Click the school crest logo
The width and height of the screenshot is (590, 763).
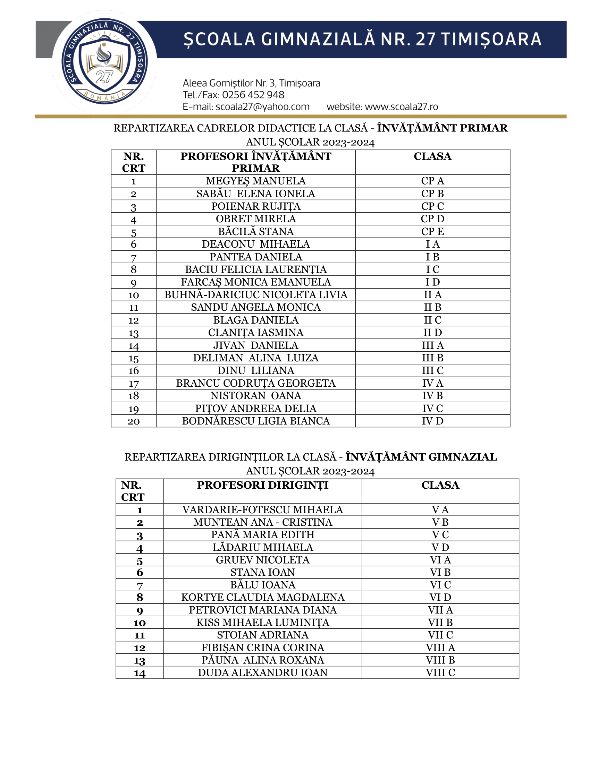pos(104,62)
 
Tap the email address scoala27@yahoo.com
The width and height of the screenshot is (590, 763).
pos(262,106)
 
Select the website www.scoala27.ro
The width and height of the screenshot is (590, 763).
pos(401,106)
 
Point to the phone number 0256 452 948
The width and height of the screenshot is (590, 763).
pos(253,95)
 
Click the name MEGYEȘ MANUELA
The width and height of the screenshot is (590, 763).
pos(255,181)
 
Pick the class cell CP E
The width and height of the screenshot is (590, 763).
pos(432,231)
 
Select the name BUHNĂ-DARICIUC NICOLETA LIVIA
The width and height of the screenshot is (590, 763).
pos(256,294)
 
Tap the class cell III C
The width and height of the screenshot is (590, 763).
pos(432,370)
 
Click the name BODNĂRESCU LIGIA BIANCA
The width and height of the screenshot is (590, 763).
pos(256,421)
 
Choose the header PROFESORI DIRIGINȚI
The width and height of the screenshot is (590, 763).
pos(262,485)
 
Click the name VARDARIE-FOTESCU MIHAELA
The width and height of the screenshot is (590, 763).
pos(262,510)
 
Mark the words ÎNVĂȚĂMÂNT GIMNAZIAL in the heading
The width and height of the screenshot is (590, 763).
pos(421,457)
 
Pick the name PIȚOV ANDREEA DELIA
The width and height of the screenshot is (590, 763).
pos(256,409)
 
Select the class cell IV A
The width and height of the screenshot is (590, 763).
pos(432,383)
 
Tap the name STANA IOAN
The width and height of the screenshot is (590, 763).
pos(262,572)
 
